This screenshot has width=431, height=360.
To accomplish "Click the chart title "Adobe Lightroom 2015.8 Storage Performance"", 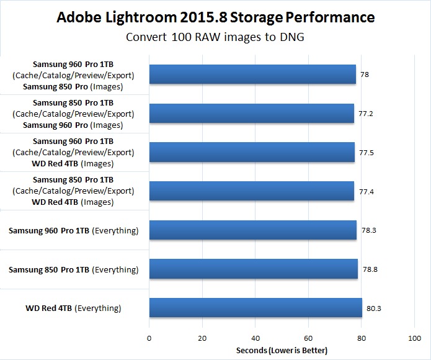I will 215,17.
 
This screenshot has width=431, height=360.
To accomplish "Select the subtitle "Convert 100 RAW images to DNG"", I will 215,36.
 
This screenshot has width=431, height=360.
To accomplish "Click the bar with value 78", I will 252,74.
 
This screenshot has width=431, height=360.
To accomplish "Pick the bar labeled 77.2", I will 251,113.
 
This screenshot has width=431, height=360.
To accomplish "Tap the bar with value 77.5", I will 252,152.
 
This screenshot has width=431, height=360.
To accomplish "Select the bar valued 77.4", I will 251,191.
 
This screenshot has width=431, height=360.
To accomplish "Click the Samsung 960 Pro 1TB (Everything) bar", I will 252,230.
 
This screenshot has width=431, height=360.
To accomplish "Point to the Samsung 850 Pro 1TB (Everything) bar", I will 253,269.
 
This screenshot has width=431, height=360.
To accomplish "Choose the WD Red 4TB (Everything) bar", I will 255,308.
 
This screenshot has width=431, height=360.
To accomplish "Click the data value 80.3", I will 373,308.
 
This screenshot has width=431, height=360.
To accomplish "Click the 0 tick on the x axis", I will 149,338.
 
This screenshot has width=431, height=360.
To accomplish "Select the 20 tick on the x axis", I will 202,338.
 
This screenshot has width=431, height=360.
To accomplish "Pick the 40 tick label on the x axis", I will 255,338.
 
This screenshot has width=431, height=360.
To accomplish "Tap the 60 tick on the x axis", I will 308,338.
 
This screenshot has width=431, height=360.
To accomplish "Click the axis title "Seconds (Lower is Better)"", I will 281,351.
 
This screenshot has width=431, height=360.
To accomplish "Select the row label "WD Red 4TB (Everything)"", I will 73,308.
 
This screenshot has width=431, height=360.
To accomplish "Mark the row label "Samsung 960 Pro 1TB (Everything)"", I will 73,231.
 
